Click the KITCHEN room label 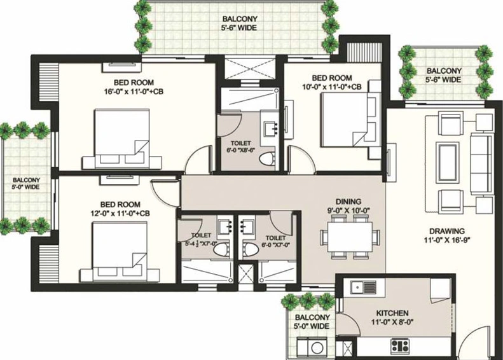pos(392,313)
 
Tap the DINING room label pos(348,202)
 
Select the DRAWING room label pos(447,231)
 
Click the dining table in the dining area pos(350,237)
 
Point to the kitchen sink pos(364,287)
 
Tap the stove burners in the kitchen pos(400,346)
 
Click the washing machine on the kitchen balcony pos(317,348)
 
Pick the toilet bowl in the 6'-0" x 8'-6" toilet pos(266,160)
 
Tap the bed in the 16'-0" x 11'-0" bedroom pos(122,139)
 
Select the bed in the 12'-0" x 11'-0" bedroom pos(120,253)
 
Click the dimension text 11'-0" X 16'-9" pos(447,240)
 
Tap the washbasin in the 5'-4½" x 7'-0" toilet pos(225,228)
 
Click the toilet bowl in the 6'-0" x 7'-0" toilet pos(250,249)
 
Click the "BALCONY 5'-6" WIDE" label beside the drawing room pos(444,75)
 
